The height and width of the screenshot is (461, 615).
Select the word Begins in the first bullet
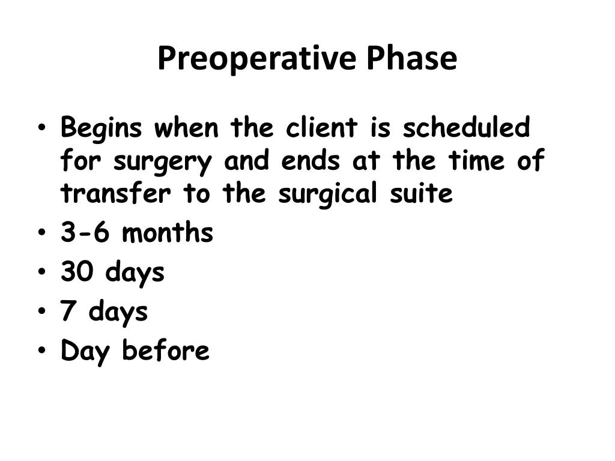tap(101, 128)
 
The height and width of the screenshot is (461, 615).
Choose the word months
tap(168, 233)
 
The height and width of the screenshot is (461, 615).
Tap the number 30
tap(77, 273)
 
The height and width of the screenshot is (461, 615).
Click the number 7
tap(68, 312)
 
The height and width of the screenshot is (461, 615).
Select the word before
tap(166, 351)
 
